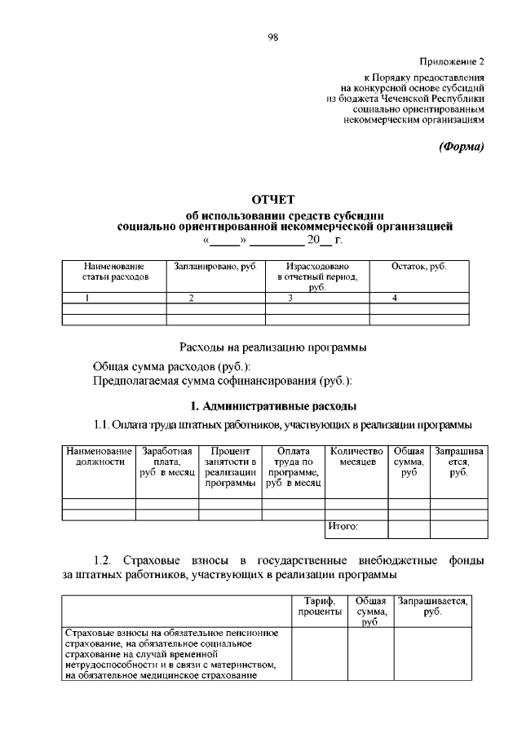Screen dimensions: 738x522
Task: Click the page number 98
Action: click(273, 37)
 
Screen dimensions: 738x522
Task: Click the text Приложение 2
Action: click(453, 61)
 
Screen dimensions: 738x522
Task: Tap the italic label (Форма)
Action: click(461, 147)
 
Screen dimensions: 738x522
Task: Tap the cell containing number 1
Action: click(87, 298)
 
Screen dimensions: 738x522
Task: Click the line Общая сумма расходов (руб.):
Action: click(160, 366)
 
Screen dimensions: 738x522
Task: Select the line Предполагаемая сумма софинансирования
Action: click(223, 380)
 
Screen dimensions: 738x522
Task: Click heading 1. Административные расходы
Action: click(272, 405)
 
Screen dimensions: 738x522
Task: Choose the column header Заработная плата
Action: click(167, 462)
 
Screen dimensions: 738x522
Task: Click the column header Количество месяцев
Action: click(356, 457)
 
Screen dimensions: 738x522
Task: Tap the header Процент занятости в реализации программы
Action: click(230, 467)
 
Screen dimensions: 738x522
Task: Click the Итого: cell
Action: click(343, 527)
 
